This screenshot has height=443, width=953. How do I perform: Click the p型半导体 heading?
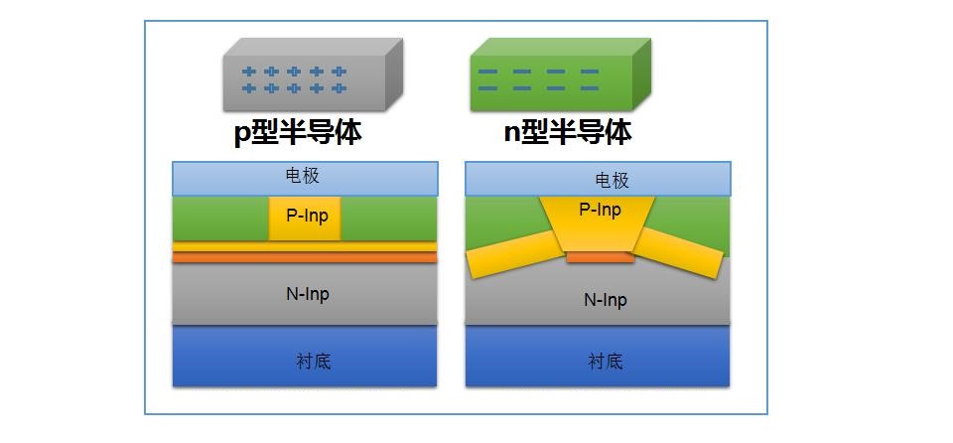(298, 133)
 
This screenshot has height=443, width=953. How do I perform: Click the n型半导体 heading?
(568, 132)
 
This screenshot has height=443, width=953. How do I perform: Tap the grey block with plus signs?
(313, 74)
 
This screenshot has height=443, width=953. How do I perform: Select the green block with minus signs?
(560, 74)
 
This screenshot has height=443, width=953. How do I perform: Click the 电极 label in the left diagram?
(303, 177)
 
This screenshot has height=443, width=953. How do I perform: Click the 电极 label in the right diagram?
(613, 180)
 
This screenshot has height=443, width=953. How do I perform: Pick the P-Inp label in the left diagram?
(308, 216)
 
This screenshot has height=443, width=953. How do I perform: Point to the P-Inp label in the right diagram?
(601, 210)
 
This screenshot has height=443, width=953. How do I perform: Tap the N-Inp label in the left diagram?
(308, 295)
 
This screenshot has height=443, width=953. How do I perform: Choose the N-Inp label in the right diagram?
(606, 300)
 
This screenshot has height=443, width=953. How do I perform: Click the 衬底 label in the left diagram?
(314, 362)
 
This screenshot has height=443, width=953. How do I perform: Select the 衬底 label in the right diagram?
(606, 362)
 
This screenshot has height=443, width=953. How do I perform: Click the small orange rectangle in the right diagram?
(601, 257)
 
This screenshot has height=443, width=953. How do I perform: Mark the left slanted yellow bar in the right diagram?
(513, 253)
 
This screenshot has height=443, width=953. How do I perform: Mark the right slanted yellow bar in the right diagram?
(680, 253)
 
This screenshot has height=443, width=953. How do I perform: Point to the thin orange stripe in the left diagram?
(305, 257)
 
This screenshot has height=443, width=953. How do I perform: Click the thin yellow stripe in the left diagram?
(305, 246)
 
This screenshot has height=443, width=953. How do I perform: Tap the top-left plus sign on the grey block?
(248, 72)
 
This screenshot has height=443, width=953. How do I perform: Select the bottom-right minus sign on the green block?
(589, 88)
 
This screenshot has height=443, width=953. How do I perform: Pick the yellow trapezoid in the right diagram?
(598, 223)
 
